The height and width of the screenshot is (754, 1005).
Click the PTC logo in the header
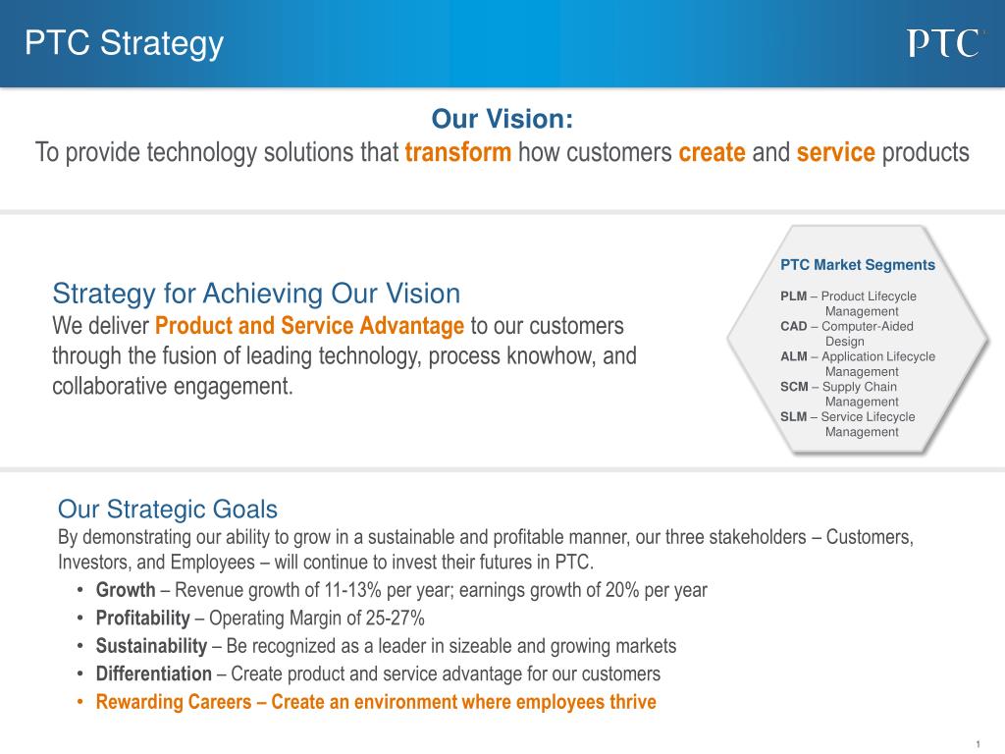coord(943,43)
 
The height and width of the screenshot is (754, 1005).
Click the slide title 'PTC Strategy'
coord(125,44)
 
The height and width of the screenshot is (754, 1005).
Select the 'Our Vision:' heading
coord(502,119)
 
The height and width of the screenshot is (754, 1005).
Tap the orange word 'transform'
coord(458,152)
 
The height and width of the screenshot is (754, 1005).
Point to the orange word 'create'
coord(713,152)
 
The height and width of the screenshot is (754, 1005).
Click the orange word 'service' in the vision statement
coord(836,152)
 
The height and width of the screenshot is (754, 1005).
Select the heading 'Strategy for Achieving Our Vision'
coord(256,294)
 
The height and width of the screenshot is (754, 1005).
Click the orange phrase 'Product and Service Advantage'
coord(309,326)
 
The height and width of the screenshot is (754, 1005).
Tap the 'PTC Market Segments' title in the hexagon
coord(858,265)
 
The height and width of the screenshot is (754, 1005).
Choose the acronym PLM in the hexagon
coord(793,296)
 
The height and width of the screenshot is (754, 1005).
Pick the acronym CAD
coord(793,326)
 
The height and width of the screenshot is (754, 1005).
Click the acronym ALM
coord(793,356)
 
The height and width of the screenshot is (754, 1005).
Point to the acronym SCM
coord(794,387)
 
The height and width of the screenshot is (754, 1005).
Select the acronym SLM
coord(793,416)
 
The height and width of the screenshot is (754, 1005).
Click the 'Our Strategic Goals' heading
coord(168,510)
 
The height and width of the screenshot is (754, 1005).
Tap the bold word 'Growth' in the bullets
coord(126,590)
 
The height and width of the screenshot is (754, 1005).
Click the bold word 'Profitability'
coord(143,619)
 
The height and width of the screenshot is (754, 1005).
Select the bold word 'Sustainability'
coord(152,646)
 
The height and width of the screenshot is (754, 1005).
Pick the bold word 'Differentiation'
coord(154,673)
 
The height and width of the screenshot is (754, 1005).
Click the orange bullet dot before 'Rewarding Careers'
coord(80,702)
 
